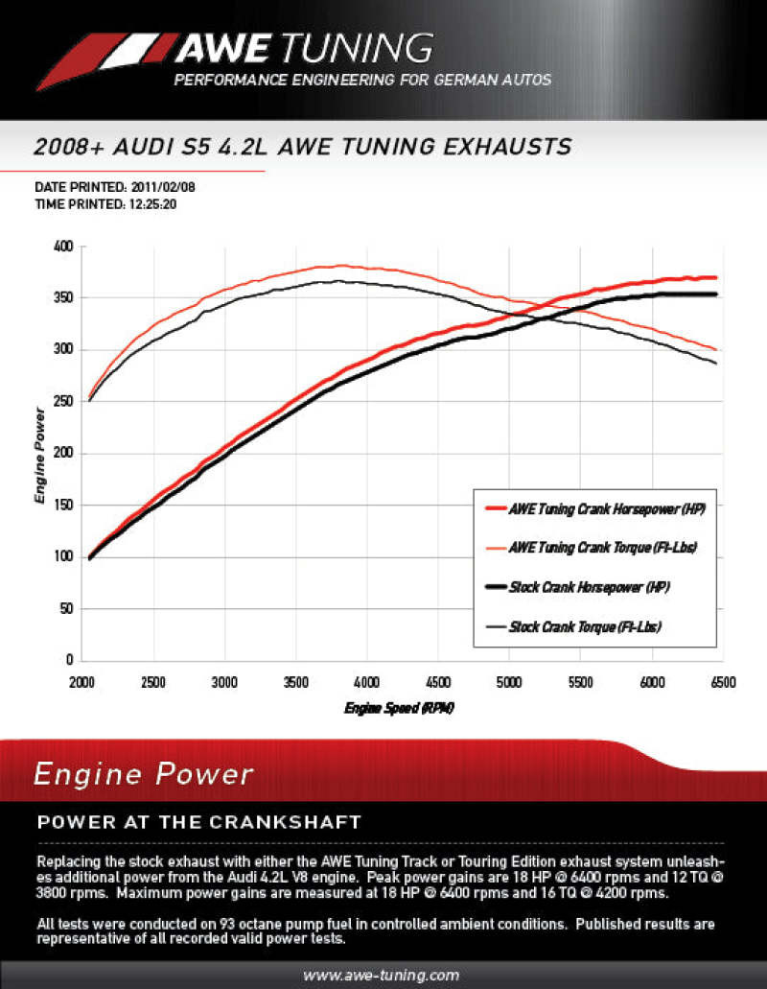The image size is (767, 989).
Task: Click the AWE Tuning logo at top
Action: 235,48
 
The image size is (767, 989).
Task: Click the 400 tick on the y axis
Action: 63,247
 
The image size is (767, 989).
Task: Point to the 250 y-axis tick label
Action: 63,402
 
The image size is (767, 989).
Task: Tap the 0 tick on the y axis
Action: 70,660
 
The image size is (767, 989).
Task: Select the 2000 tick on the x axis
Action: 82,682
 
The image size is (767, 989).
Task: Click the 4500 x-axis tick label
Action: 437,682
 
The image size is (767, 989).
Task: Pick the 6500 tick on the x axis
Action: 722,682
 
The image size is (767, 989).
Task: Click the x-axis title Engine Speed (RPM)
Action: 399,708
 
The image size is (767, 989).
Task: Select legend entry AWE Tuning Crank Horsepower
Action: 607,510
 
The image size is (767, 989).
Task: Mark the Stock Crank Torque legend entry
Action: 585,625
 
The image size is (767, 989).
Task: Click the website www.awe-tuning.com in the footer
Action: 381,975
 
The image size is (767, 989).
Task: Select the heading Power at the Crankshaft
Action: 198,822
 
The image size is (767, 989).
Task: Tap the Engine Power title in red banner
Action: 144,774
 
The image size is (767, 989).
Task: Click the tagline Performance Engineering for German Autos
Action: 362,80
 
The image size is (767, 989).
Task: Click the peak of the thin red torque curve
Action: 342,266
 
